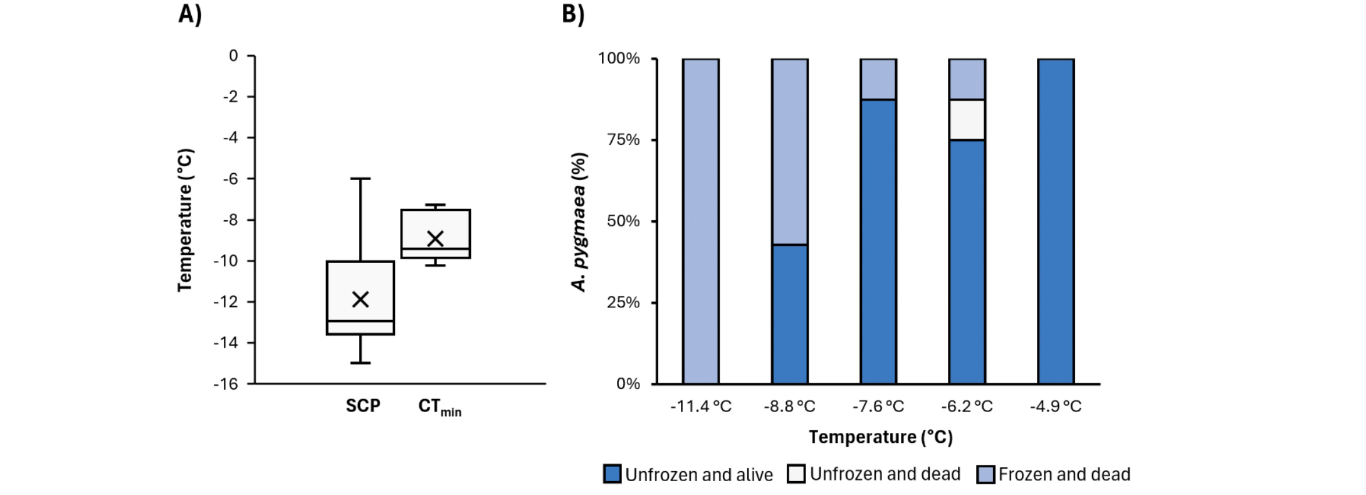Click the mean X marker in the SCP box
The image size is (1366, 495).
(x=360, y=299)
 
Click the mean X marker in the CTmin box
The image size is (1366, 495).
(x=435, y=238)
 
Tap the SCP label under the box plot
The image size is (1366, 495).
(x=363, y=406)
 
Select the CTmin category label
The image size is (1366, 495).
(x=439, y=407)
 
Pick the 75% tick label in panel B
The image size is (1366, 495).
(x=623, y=140)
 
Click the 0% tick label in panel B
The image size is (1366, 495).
(x=628, y=384)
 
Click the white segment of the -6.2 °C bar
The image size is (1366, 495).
(x=967, y=120)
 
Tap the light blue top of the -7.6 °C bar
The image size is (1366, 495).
(x=878, y=79)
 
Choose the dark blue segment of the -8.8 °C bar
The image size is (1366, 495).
(x=789, y=314)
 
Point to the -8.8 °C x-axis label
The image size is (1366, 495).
(x=789, y=407)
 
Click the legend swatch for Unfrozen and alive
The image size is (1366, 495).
(x=612, y=474)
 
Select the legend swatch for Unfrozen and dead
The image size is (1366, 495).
(x=796, y=474)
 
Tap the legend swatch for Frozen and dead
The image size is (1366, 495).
(x=985, y=474)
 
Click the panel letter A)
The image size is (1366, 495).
(x=190, y=14)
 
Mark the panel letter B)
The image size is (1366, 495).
(x=573, y=14)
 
